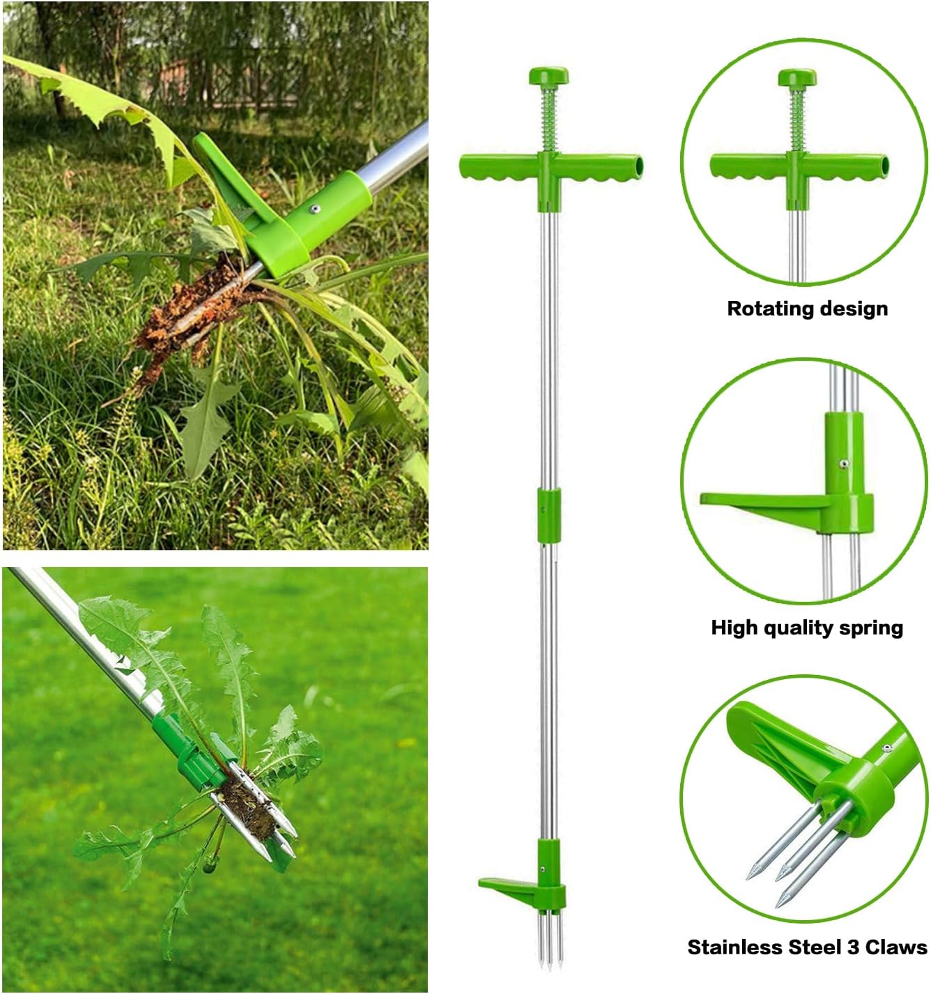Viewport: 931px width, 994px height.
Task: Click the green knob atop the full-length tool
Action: pyautogui.click(x=548, y=76)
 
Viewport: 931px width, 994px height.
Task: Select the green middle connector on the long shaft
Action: pyautogui.click(x=549, y=515)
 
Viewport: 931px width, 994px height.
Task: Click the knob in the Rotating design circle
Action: pyautogui.click(x=797, y=77)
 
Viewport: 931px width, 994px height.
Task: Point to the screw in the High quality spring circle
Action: pyautogui.click(x=844, y=464)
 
